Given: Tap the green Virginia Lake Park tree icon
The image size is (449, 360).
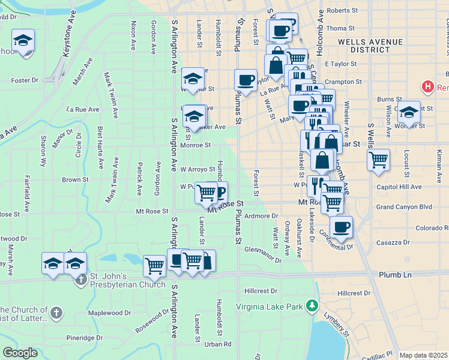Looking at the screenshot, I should pos(311,306).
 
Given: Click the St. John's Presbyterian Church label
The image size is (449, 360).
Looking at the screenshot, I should pos(127,281).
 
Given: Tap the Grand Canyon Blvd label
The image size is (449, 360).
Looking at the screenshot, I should pos(404,207).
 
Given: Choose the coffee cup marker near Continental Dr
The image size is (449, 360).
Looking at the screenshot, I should pos(341,227).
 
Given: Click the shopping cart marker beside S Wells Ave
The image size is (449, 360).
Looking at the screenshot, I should pos(378,160).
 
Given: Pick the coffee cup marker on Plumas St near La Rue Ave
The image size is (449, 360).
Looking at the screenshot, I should pos(245,80).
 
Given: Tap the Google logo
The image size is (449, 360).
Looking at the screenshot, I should pos(20,353).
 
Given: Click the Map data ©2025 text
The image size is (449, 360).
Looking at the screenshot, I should pos(423,355).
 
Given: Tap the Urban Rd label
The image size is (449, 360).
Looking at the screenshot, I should pos(218,344).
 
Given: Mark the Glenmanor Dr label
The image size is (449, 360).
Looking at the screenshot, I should pos(263,254).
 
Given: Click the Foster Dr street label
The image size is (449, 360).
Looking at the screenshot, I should pos(25,80).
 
